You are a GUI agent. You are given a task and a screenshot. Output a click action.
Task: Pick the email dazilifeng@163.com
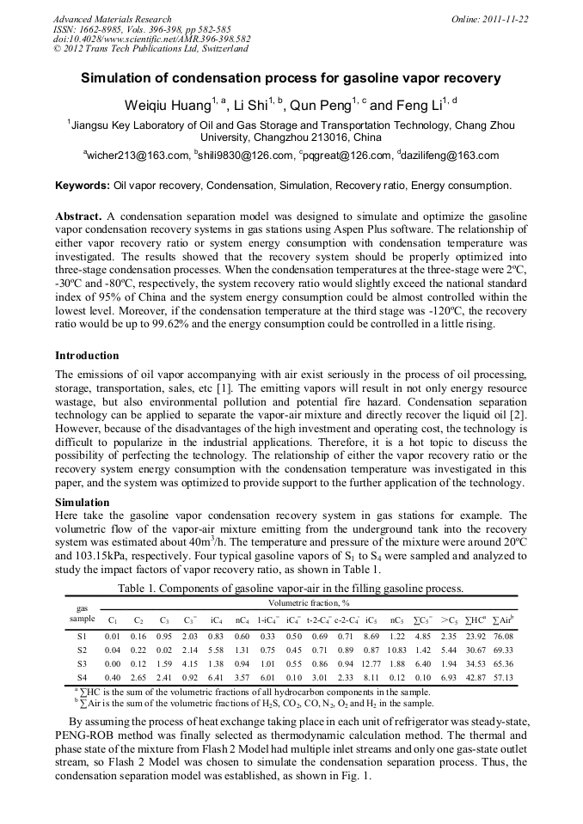(451, 156)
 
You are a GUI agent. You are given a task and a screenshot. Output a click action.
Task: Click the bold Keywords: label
(83, 186)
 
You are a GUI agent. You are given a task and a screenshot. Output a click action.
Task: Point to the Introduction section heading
(88, 356)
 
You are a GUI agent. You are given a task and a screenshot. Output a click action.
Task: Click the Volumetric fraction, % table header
(310, 604)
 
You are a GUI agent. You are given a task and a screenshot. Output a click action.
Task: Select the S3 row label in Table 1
(82, 664)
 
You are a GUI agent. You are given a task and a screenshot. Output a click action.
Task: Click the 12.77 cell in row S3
(371, 664)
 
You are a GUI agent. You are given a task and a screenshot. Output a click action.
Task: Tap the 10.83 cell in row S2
(371, 650)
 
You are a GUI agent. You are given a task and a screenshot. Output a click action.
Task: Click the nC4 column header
(242, 620)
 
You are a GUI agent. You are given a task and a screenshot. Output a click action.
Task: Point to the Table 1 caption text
(291, 589)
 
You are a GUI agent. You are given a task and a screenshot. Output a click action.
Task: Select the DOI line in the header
(151, 40)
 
